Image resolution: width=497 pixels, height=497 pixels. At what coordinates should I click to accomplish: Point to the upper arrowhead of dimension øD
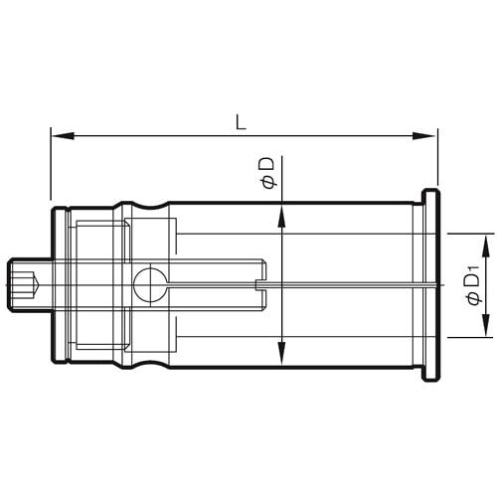[283, 211]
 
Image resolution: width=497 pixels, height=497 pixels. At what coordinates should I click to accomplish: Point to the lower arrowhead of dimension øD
[283, 360]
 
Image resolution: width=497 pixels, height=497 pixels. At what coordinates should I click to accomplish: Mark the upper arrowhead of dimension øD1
[486, 242]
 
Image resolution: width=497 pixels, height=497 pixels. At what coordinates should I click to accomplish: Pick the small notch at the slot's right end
[260, 285]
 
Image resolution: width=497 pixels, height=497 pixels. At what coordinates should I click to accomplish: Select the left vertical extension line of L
[51, 169]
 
